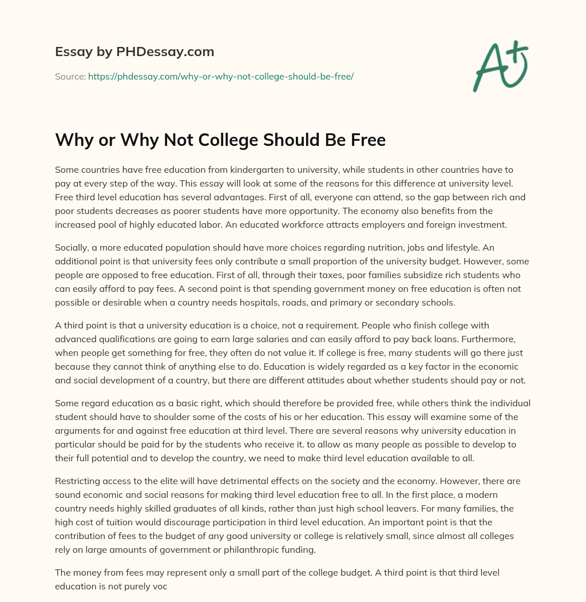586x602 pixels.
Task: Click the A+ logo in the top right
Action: (x=500, y=66)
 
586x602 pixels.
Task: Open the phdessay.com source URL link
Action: (x=220, y=76)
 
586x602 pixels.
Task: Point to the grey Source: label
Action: (x=70, y=76)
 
